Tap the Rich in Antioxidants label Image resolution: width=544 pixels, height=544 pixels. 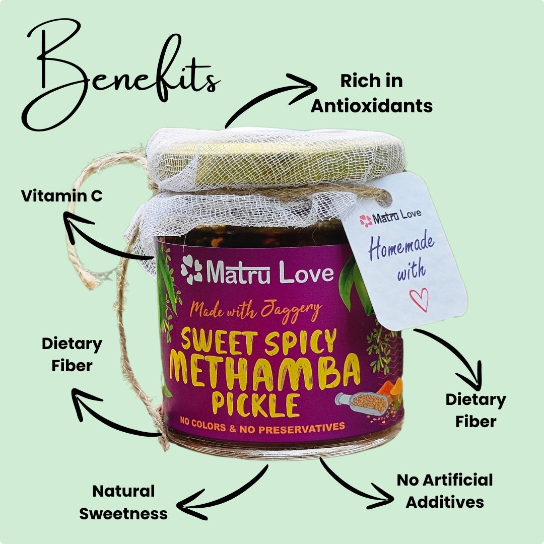click(x=371, y=94)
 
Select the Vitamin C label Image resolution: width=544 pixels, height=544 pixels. click(x=62, y=196)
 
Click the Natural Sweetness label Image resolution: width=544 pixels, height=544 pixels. click(x=123, y=502)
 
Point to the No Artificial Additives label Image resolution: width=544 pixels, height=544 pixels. click(x=445, y=491)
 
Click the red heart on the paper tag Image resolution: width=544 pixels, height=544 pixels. click(x=419, y=299)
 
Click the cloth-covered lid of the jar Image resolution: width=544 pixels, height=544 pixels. click(x=267, y=156)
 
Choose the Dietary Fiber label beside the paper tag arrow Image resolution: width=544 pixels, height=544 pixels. click(x=475, y=411)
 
